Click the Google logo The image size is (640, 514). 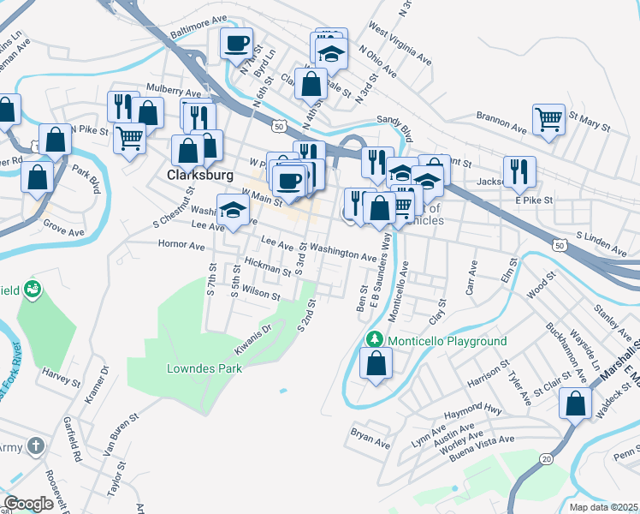click(x=28, y=504)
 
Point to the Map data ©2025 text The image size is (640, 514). click(x=603, y=507)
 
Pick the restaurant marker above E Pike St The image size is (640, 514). click(x=519, y=170)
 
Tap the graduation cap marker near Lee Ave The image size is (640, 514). click(x=230, y=211)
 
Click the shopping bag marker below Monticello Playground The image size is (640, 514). click(x=376, y=362)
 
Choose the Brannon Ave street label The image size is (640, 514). click(x=501, y=125)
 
